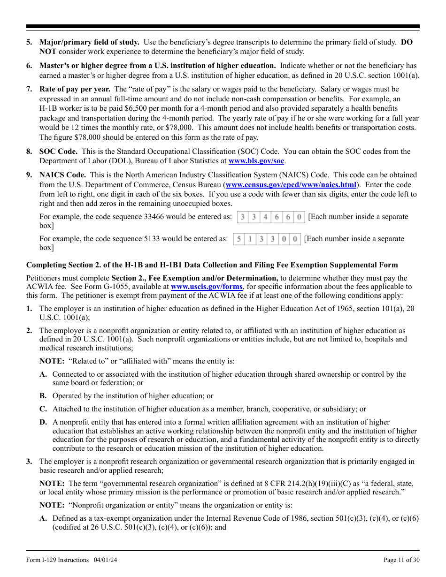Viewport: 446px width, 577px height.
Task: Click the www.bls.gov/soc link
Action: coord(256,161)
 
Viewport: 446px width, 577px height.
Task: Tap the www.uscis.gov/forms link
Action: coord(207,287)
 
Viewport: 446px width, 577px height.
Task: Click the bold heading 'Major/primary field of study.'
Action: coord(89,42)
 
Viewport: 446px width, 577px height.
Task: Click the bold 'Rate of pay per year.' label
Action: coord(75,89)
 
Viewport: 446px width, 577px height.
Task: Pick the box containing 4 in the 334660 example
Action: coord(265,217)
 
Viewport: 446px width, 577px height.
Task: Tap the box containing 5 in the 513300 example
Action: coord(238,239)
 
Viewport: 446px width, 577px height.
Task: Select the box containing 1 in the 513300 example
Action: coord(250,239)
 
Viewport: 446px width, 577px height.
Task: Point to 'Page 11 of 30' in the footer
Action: coord(401,560)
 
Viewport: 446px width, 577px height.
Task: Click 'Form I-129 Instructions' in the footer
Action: coord(57,560)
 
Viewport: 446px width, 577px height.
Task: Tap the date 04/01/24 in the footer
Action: coord(105,560)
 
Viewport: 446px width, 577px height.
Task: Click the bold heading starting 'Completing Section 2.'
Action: coord(212,265)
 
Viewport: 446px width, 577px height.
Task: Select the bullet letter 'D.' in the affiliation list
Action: coord(43,422)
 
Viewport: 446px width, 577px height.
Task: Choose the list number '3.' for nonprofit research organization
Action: coord(29,462)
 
